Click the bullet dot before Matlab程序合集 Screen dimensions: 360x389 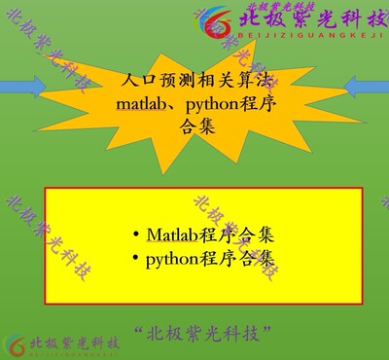135,235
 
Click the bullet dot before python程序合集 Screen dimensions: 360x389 135,259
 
